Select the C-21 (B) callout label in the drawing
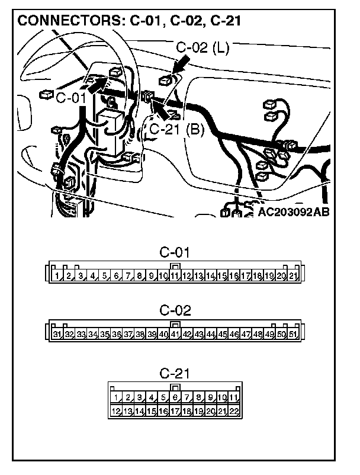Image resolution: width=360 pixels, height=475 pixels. coord(176,129)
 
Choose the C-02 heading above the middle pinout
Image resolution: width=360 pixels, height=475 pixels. coord(175,310)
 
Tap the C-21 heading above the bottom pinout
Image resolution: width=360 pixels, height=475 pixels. coord(175,374)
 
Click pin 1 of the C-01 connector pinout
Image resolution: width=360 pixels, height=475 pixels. coord(57,277)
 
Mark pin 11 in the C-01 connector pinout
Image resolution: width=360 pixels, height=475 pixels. coord(175,277)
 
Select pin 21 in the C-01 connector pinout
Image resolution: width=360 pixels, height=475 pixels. coord(292,277)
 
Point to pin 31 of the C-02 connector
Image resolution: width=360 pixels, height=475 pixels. coord(57,335)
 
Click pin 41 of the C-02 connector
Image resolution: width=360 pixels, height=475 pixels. coord(175,335)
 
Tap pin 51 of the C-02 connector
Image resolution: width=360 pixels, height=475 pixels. coord(292,335)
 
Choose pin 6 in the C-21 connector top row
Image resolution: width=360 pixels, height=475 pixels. coord(175,397)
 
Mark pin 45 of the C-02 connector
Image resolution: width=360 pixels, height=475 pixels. coord(222,335)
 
